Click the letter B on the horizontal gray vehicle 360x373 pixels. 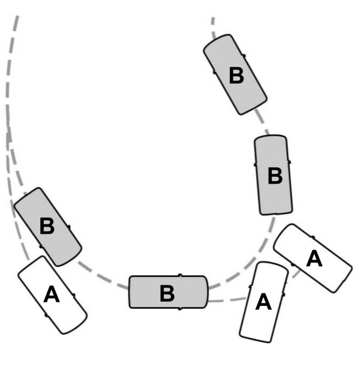pos(167,294)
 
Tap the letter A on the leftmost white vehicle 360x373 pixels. pos(52,295)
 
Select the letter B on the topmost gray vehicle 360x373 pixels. pos(236,76)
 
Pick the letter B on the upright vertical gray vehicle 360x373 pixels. pos(274,176)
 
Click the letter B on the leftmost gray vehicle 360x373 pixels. pos(47,227)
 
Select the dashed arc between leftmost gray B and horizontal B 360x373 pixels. pos(102,276)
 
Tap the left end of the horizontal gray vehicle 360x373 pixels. pos(130,292)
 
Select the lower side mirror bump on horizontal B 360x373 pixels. pos(180,308)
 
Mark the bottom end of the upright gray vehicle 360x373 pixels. pos(277,213)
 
